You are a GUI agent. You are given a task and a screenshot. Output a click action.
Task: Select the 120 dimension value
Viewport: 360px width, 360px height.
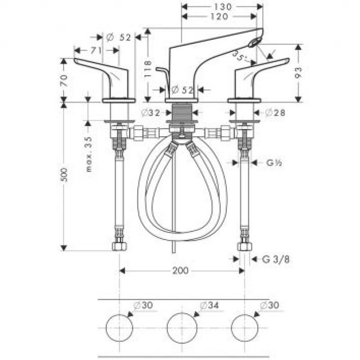pos(219,16)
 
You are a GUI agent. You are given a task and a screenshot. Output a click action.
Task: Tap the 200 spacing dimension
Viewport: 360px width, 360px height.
pos(180,270)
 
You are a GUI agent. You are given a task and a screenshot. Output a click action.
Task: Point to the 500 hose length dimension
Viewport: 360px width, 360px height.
pos(64,175)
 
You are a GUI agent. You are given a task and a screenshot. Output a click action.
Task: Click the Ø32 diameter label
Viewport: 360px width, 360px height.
pos(150,113)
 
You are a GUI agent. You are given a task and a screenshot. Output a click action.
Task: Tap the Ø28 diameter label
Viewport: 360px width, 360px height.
pos(275,113)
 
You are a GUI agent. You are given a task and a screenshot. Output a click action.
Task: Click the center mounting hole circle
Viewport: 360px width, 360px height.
pos(182,327)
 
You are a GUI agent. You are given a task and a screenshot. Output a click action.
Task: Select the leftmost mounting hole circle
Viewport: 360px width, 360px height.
pos(119,327)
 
